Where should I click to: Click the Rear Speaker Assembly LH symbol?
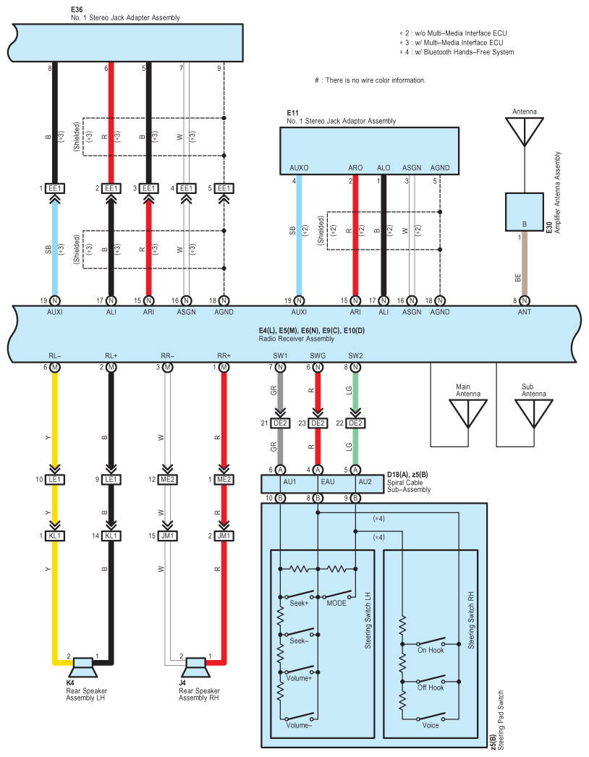[x=83, y=667]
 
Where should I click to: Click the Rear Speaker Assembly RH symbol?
[x=196, y=667]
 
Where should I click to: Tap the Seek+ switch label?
[x=299, y=603]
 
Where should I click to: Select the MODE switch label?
[x=336, y=603]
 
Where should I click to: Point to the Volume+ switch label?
[x=299, y=678]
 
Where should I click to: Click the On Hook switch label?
[x=431, y=651]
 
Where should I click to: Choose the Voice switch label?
[x=431, y=725]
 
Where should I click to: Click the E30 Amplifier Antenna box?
[x=525, y=212]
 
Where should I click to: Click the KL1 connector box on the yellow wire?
[x=54, y=536]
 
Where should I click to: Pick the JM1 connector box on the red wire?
[x=224, y=536]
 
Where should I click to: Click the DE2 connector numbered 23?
[x=318, y=423]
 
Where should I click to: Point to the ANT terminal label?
[x=525, y=313]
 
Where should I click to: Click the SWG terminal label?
[x=318, y=356]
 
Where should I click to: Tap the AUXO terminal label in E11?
[x=299, y=168]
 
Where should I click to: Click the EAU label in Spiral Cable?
[x=327, y=482]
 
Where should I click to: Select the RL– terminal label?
[x=54, y=356]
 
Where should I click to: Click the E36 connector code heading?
[x=77, y=9]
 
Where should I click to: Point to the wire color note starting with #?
[x=370, y=80]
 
